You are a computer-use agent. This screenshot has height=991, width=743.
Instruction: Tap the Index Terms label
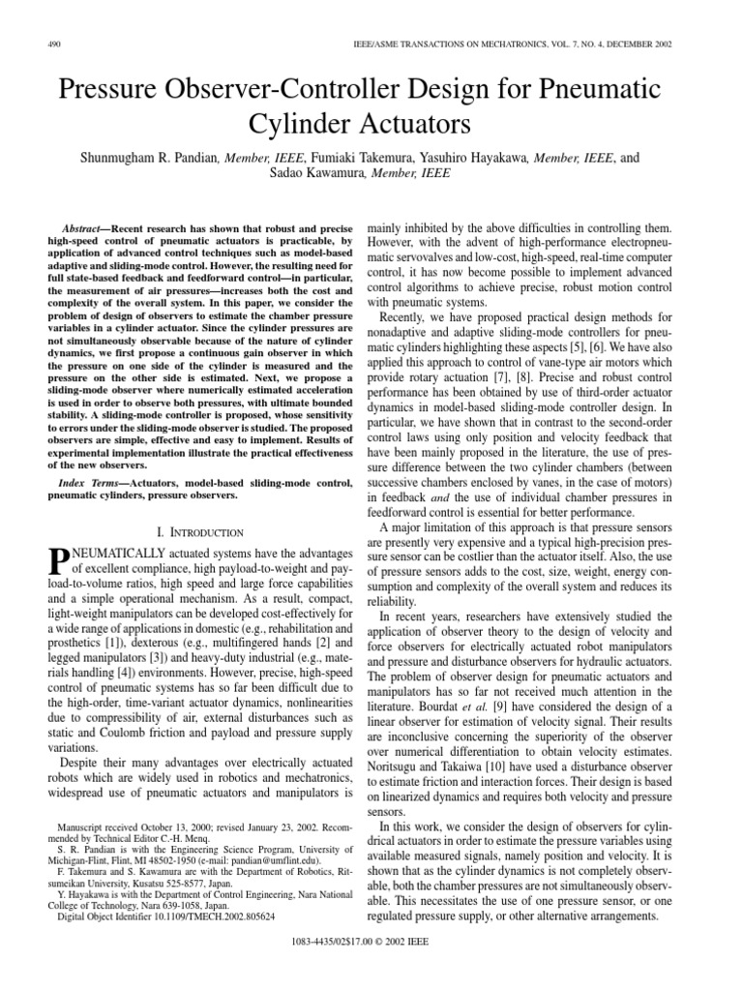point(89,481)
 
